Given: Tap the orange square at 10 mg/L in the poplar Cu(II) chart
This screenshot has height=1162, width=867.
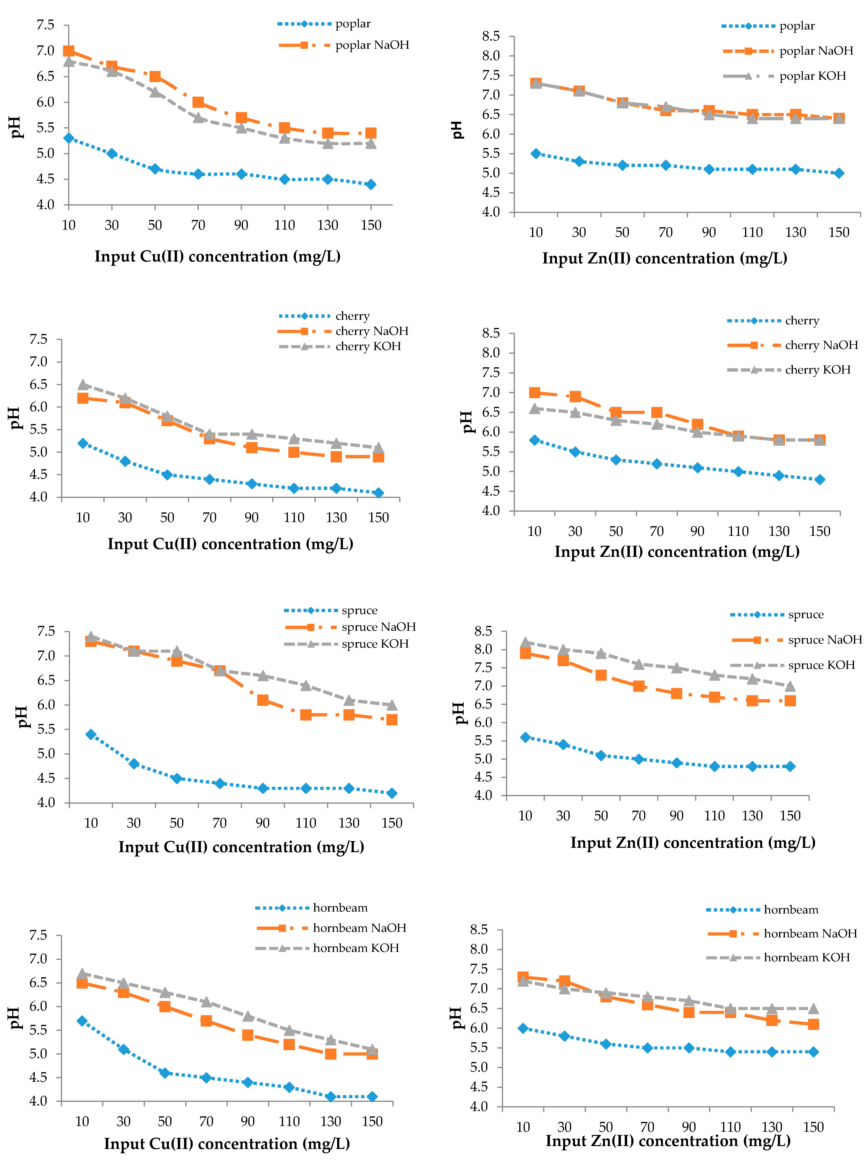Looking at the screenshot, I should pos(69,51).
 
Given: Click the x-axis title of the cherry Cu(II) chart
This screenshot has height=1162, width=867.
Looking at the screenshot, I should pos(230,544).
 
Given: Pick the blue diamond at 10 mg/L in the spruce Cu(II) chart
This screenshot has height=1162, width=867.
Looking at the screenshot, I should pos(91,734).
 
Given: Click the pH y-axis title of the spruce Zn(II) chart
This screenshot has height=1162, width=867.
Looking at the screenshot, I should pos(459,713).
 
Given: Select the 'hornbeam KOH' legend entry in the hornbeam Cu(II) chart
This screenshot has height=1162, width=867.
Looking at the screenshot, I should pos(356,948).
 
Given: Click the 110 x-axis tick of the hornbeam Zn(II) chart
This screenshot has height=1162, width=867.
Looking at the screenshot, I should pos(730,1127).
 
